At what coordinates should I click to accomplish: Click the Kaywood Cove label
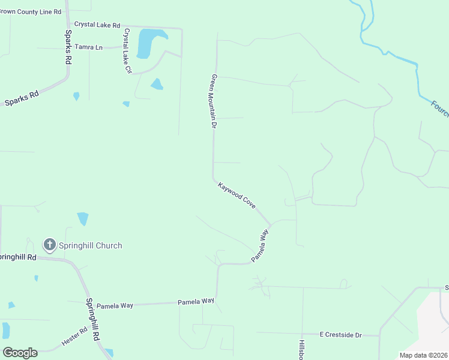coord(237,196)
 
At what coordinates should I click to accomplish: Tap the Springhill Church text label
coord(90,245)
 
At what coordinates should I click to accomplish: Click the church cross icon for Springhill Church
coord(49,245)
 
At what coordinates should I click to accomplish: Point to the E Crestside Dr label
coord(340,334)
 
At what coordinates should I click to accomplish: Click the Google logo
coord(20,353)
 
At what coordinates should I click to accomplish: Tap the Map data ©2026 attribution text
coord(423,355)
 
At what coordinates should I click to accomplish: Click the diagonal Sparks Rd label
coord(22,98)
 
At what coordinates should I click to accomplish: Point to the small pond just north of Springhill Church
coord(82,218)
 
